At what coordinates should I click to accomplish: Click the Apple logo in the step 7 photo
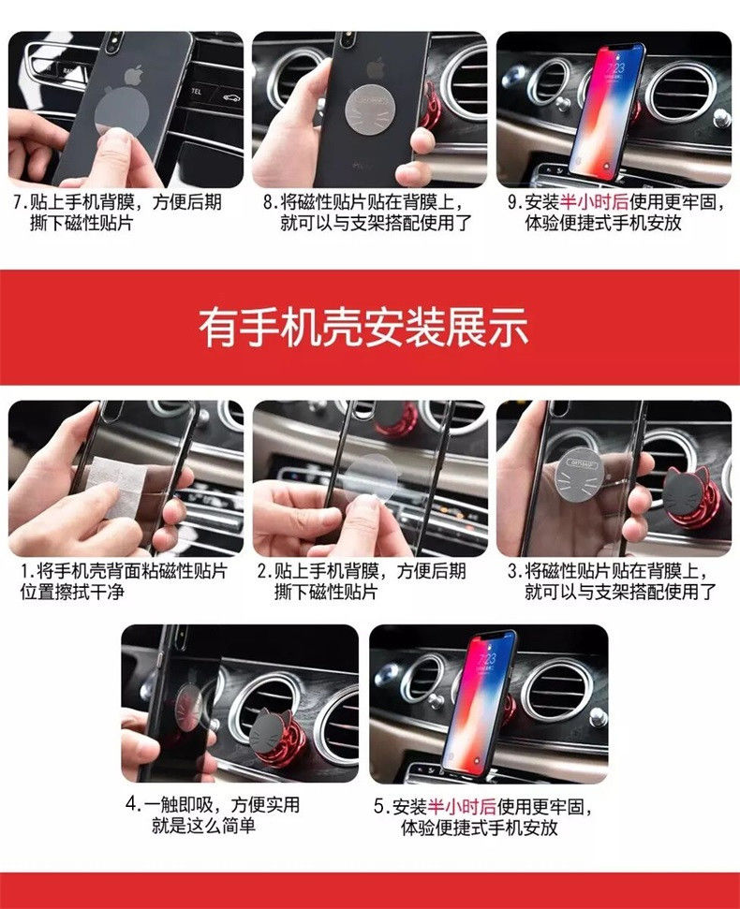(134, 77)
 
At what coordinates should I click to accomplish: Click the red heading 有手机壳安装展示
(363, 328)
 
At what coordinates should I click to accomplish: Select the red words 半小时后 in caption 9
(595, 202)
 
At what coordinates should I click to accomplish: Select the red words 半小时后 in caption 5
(462, 806)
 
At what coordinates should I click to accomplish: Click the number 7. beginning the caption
(21, 202)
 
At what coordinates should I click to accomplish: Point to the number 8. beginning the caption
(272, 202)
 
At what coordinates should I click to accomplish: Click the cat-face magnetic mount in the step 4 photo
(274, 735)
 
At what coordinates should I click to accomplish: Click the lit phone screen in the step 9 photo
(607, 110)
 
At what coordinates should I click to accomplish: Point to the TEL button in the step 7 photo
(196, 92)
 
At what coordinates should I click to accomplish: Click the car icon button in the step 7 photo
(232, 96)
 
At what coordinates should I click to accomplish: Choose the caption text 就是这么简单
(203, 826)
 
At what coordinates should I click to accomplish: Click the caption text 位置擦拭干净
(72, 592)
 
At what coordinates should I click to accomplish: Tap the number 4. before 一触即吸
(133, 805)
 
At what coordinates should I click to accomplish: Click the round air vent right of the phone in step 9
(680, 93)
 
